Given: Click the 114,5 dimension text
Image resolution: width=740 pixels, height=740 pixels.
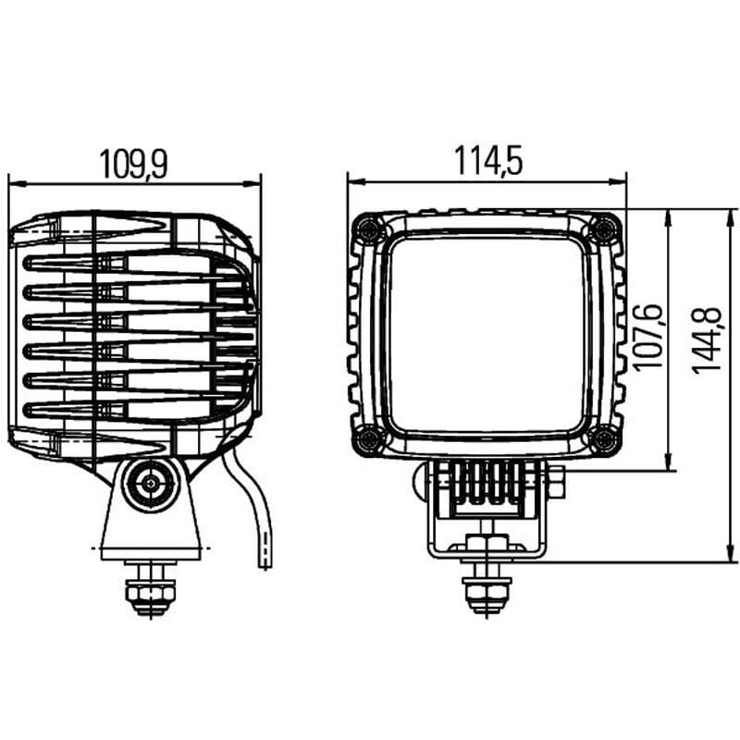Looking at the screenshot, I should tap(487, 161).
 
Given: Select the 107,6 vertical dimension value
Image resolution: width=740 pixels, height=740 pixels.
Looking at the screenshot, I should tap(647, 338).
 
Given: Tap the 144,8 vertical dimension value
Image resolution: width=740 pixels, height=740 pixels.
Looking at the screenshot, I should tap(708, 339).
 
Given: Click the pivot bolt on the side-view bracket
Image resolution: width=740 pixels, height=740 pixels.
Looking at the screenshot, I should tap(148, 482).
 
